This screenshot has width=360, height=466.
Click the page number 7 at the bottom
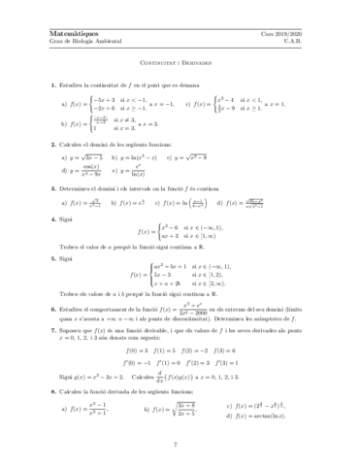[x=180, y=445]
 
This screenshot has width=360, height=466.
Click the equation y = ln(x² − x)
[x=136, y=156]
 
